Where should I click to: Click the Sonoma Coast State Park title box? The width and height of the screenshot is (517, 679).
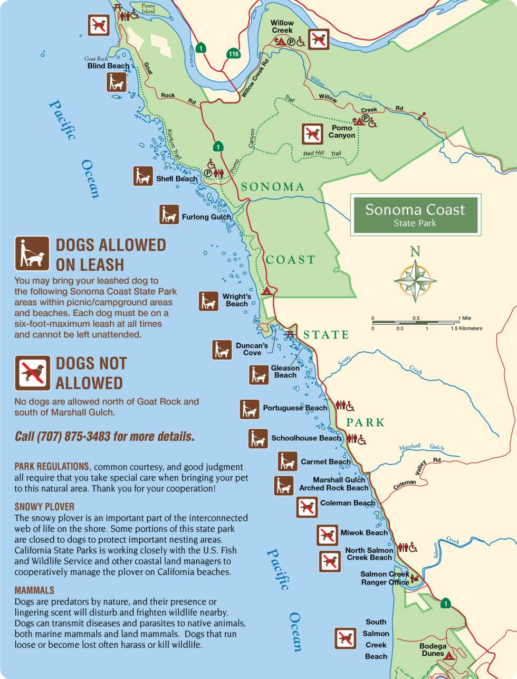[415, 215]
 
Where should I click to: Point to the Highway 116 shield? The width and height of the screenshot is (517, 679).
[233, 54]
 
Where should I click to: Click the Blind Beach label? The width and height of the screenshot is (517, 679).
[108, 66]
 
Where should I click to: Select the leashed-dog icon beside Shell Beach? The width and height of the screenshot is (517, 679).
[143, 176]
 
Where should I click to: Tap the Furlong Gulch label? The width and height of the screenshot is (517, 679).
[206, 217]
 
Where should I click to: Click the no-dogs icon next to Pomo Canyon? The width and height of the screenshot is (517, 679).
[312, 134]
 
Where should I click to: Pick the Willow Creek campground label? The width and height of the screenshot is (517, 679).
[282, 26]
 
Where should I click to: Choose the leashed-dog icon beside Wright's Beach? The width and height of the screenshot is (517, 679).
[209, 301]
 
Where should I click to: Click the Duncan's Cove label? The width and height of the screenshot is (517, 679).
[252, 349]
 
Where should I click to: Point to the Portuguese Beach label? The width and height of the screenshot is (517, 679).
[295, 408]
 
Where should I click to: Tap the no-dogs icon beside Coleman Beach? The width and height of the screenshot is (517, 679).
[307, 507]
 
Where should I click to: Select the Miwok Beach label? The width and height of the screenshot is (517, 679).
[363, 533]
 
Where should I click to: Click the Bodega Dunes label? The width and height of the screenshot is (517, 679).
[433, 649]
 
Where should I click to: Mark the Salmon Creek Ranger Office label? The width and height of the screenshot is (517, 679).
[385, 578]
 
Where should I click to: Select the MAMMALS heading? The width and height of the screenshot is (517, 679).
[34, 590]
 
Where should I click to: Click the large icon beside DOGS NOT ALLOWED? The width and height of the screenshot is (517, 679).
[32, 372]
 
